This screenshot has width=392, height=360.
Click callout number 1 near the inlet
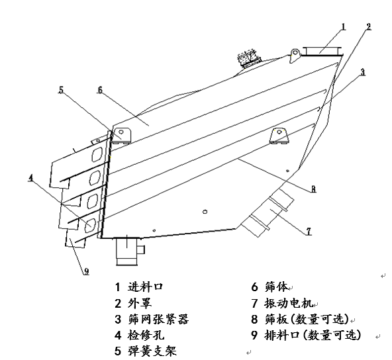click(344, 27)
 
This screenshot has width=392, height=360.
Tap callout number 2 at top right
click(368, 27)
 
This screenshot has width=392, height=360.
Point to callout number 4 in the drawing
click(30, 177)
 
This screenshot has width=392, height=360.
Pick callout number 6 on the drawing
click(100, 89)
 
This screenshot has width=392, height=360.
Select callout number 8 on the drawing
click(313, 189)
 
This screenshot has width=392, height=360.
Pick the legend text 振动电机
click(287, 303)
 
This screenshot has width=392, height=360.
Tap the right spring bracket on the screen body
click(279, 135)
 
